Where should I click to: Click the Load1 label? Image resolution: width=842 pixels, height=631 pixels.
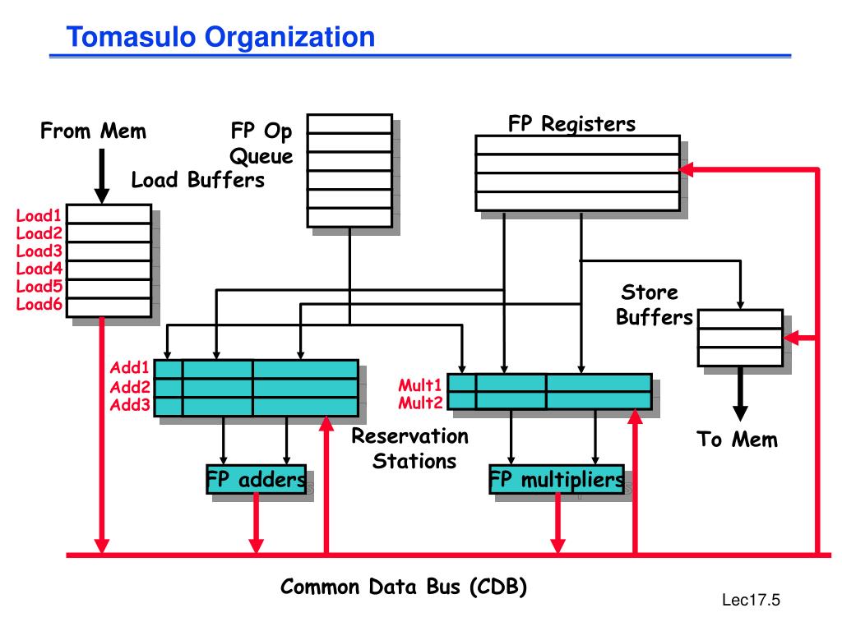click(39, 216)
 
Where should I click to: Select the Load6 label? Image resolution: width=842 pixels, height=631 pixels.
click(39, 304)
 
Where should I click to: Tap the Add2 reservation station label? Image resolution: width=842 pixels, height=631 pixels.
click(130, 387)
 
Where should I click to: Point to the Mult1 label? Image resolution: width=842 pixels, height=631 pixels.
click(420, 385)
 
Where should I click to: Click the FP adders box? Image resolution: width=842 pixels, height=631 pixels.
click(257, 479)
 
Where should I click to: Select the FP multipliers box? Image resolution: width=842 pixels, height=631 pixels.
click(557, 479)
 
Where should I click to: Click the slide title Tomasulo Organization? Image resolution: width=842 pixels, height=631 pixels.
click(220, 37)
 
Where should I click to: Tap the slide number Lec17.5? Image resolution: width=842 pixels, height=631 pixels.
click(751, 600)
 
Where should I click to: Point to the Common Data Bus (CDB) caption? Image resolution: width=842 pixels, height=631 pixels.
click(403, 587)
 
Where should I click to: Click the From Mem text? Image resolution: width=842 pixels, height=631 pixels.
click(93, 131)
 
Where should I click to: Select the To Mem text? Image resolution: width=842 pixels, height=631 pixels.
click(738, 440)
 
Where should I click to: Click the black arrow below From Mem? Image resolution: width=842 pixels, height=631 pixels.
click(101, 176)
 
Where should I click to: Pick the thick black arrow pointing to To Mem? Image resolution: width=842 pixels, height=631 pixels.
click(740, 394)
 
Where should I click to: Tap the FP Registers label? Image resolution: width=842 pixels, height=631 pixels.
click(572, 124)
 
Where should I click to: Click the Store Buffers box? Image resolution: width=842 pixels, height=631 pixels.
click(740, 338)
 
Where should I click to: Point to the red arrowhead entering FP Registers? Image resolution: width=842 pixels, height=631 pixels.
click(687, 169)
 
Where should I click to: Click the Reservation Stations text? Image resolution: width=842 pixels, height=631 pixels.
click(409, 449)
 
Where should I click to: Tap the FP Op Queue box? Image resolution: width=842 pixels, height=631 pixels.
click(349, 171)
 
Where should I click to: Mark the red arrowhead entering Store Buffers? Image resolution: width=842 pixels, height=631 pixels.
click(791, 338)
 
